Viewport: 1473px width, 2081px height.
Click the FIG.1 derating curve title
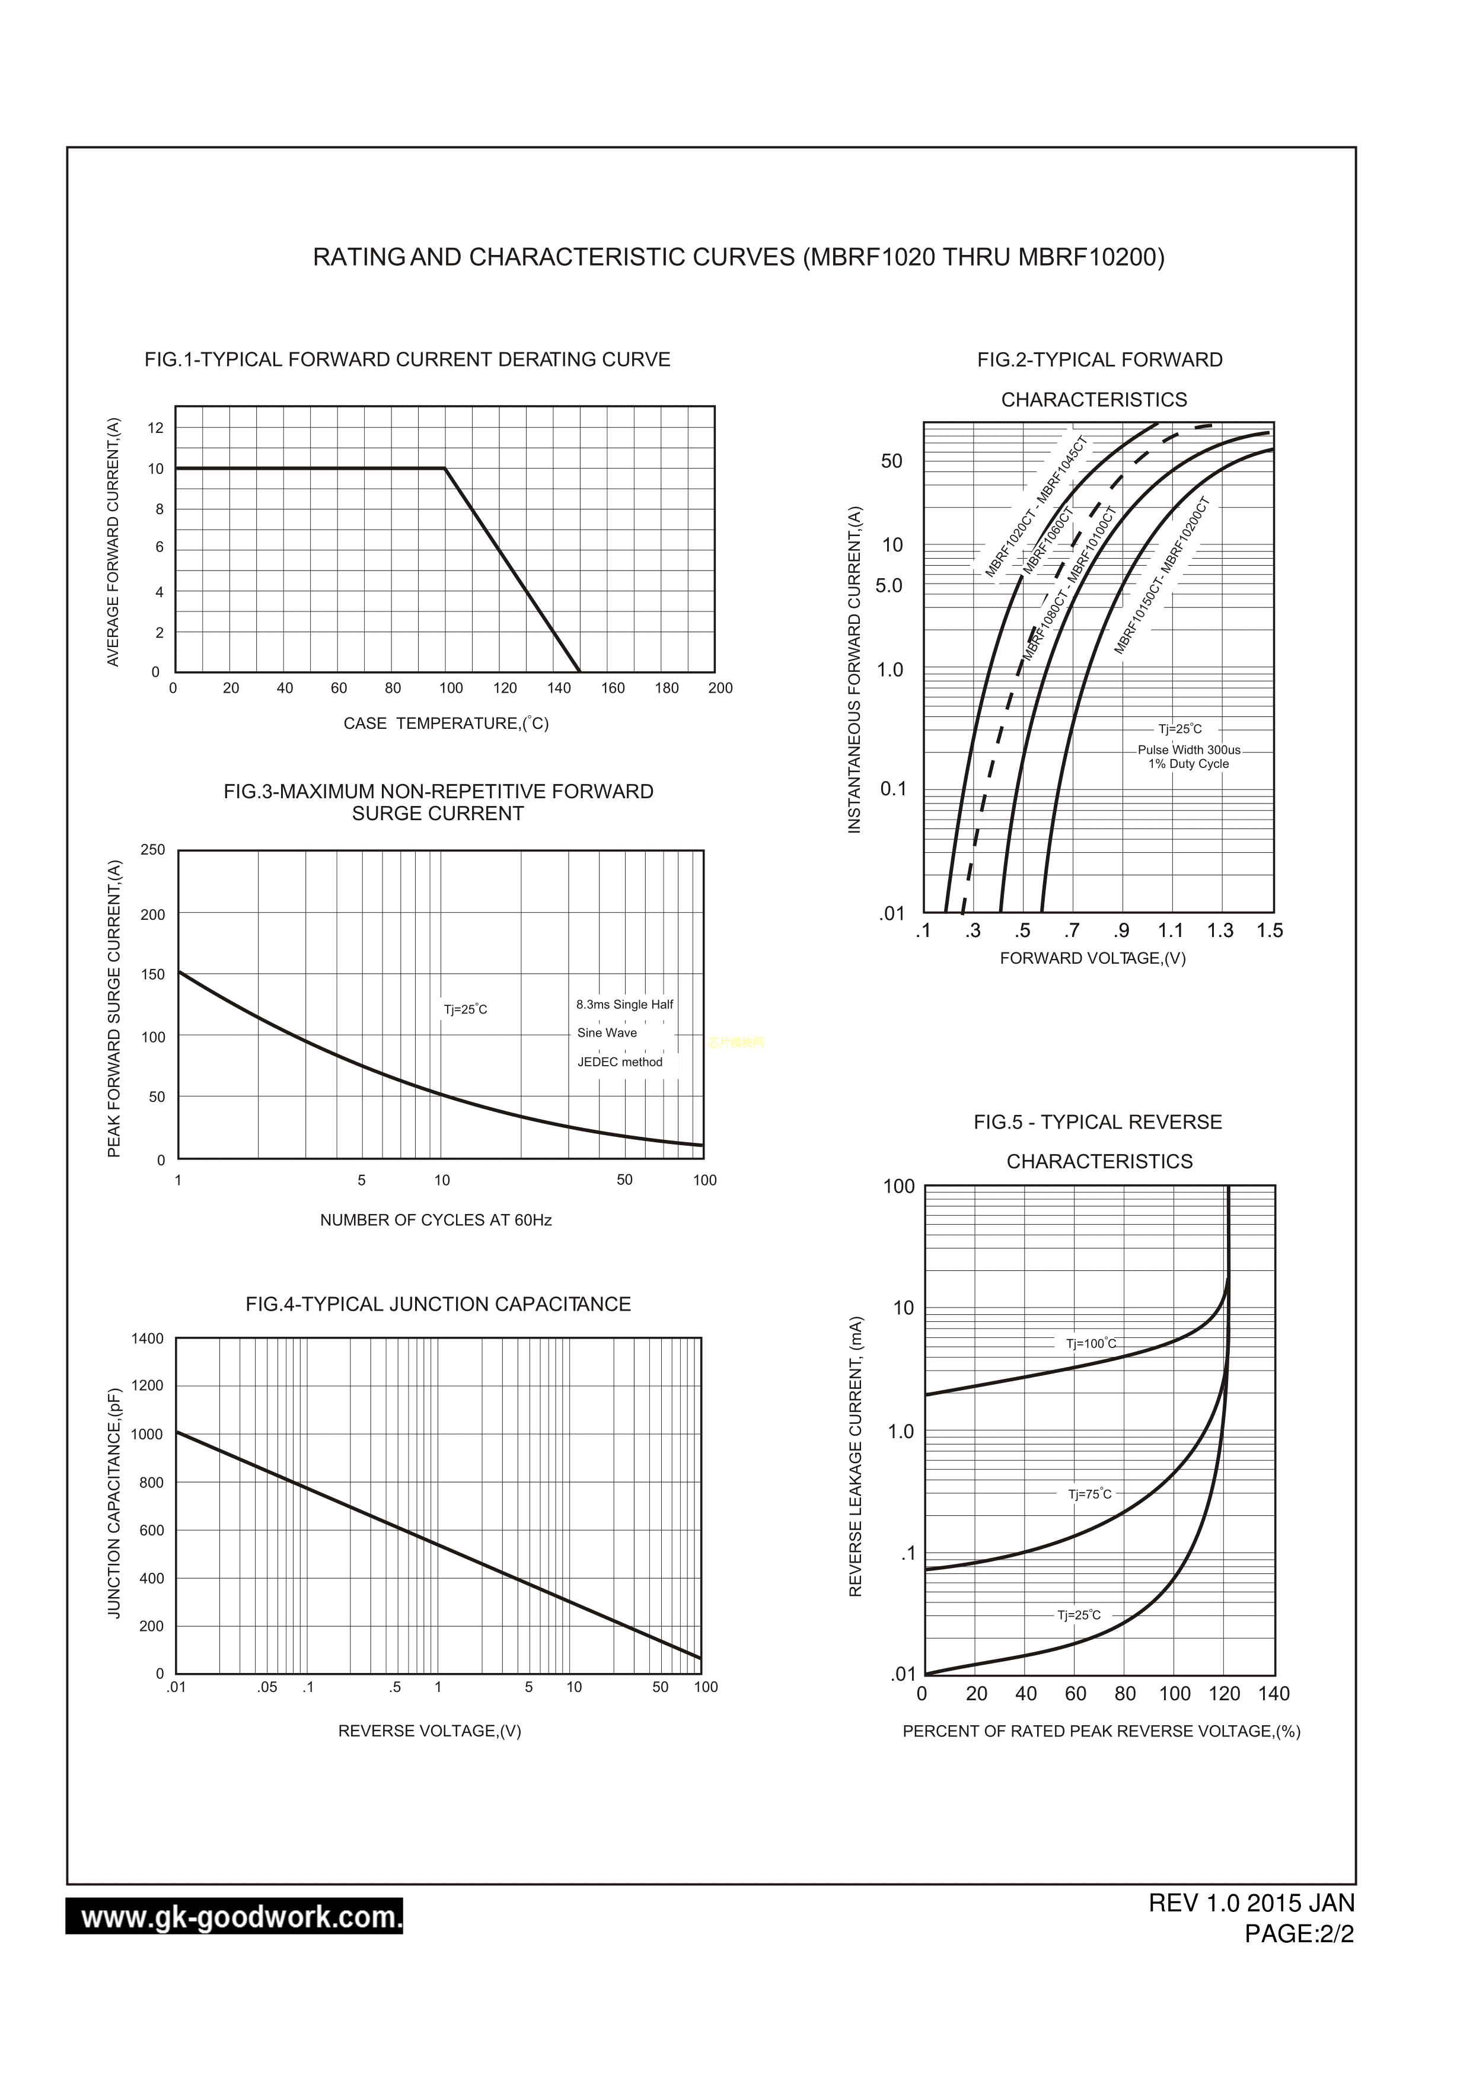[x=407, y=359]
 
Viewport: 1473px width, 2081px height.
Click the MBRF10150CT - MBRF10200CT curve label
[x=1163, y=576]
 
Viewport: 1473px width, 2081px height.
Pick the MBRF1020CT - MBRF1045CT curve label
[x=1036, y=506]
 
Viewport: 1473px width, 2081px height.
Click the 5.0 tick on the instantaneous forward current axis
[x=889, y=585]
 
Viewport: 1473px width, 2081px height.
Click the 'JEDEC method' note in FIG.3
[x=620, y=1062]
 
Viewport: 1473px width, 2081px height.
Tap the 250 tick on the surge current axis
[x=153, y=849]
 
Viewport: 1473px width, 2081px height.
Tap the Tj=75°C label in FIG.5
[x=1089, y=1494]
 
